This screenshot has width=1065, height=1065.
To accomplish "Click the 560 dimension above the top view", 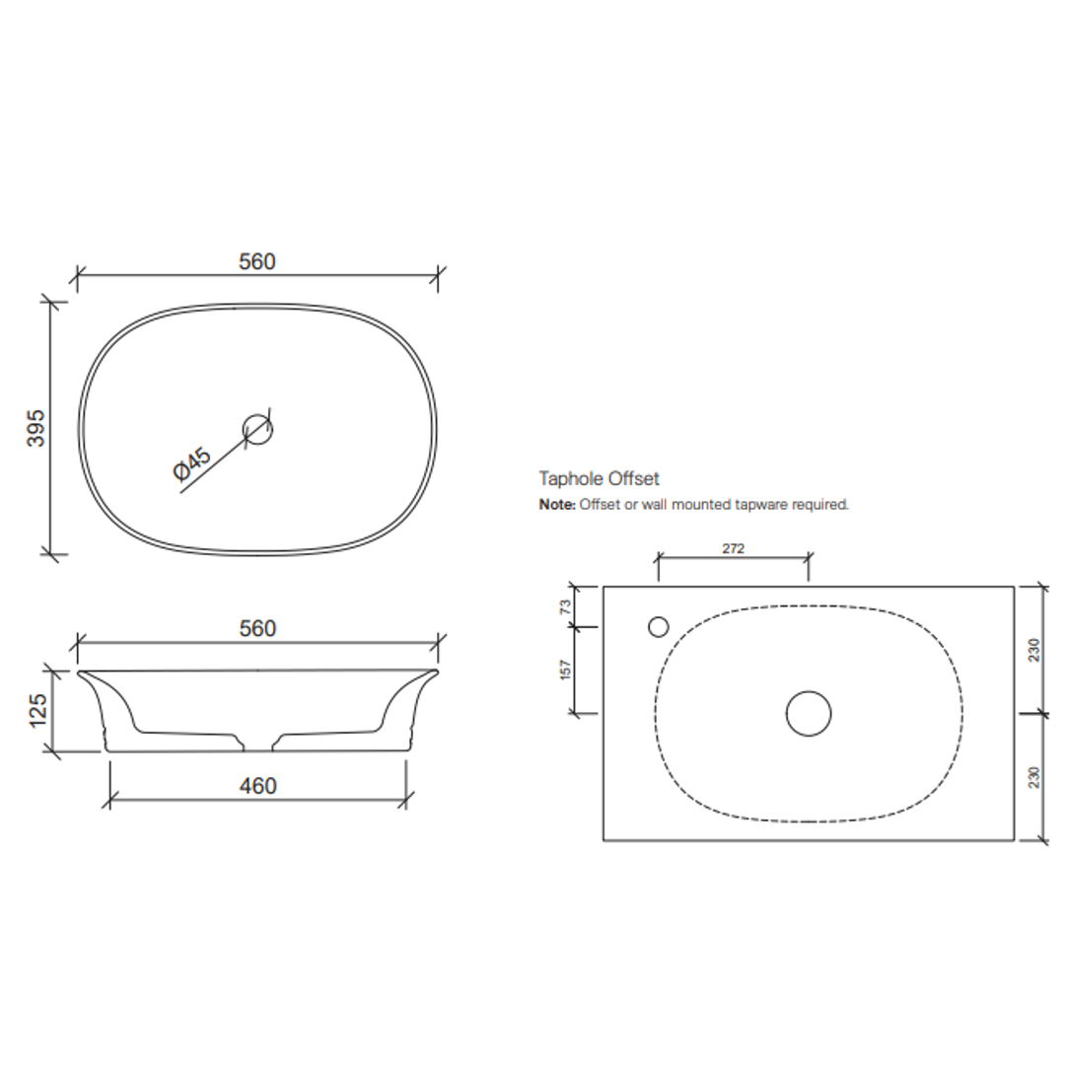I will click(257, 261).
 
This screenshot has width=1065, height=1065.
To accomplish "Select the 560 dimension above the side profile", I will click(257, 628).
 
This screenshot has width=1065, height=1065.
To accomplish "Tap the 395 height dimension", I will click(36, 429).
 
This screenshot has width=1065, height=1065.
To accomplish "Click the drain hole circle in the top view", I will click(257, 428).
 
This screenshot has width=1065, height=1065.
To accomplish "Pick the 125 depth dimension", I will click(36, 710).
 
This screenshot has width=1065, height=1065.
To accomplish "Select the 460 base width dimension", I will click(257, 786).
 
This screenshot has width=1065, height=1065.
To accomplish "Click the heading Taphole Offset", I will click(599, 479).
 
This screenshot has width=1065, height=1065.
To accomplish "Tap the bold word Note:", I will click(556, 504).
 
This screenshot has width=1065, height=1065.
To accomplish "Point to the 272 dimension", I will click(733, 548).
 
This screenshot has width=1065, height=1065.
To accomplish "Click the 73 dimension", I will click(566, 606).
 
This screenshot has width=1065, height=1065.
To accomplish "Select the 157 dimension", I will click(566, 671).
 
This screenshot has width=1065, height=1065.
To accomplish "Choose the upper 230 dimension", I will click(1034, 650).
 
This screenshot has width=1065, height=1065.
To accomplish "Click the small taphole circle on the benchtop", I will click(658, 626).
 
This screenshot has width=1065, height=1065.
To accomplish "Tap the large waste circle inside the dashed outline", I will click(808, 713).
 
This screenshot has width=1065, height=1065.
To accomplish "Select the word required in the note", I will click(820, 504).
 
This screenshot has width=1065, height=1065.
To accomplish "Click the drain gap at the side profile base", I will click(257, 744).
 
